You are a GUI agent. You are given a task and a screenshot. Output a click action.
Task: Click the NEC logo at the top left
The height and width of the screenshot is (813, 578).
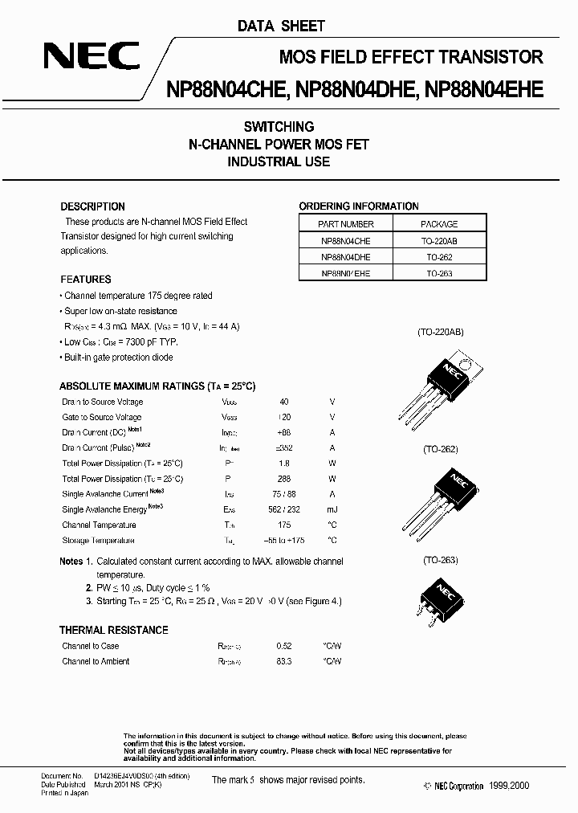(x=91, y=57)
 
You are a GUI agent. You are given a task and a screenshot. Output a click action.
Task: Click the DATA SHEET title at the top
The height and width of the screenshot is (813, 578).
(x=281, y=26)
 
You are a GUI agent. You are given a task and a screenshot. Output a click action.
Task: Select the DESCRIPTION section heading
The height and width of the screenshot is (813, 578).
(x=92, y=206)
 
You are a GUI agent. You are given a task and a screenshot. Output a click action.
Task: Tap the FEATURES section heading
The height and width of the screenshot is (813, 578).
(x=86, y=280)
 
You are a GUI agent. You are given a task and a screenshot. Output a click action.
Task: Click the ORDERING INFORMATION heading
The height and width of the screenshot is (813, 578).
(x=359, y=206)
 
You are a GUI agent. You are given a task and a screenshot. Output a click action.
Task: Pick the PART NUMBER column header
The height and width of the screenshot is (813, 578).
(x=345, y=224)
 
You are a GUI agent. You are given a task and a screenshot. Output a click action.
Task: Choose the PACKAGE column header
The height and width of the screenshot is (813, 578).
(x=439, y=224)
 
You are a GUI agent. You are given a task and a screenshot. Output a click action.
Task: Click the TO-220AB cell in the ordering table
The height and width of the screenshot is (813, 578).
(x=440, y=241)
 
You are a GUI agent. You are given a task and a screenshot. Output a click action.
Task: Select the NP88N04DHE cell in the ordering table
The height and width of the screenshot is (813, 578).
(x=345, y=257)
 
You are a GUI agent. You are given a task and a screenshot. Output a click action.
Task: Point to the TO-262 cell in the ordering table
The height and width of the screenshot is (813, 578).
(x=440, y=257)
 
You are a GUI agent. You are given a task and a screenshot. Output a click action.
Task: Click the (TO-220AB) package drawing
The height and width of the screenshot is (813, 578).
(x=441, y=385)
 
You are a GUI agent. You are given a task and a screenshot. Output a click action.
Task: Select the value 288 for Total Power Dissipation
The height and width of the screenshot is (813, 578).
(x=284, y=479)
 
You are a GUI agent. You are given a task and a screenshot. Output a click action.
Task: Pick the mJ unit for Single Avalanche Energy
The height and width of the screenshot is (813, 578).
(x=332, y=509)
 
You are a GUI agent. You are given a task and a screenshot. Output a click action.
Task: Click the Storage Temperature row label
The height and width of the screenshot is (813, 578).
(x=98, y=540)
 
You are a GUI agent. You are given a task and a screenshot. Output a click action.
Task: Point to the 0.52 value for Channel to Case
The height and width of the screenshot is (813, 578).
(x=283, y=646)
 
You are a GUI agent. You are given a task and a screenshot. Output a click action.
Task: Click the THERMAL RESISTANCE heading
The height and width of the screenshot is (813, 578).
(x=114, y=630)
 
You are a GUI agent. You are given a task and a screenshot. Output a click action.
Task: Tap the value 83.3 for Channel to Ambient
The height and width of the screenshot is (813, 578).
(x=283, y=661)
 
